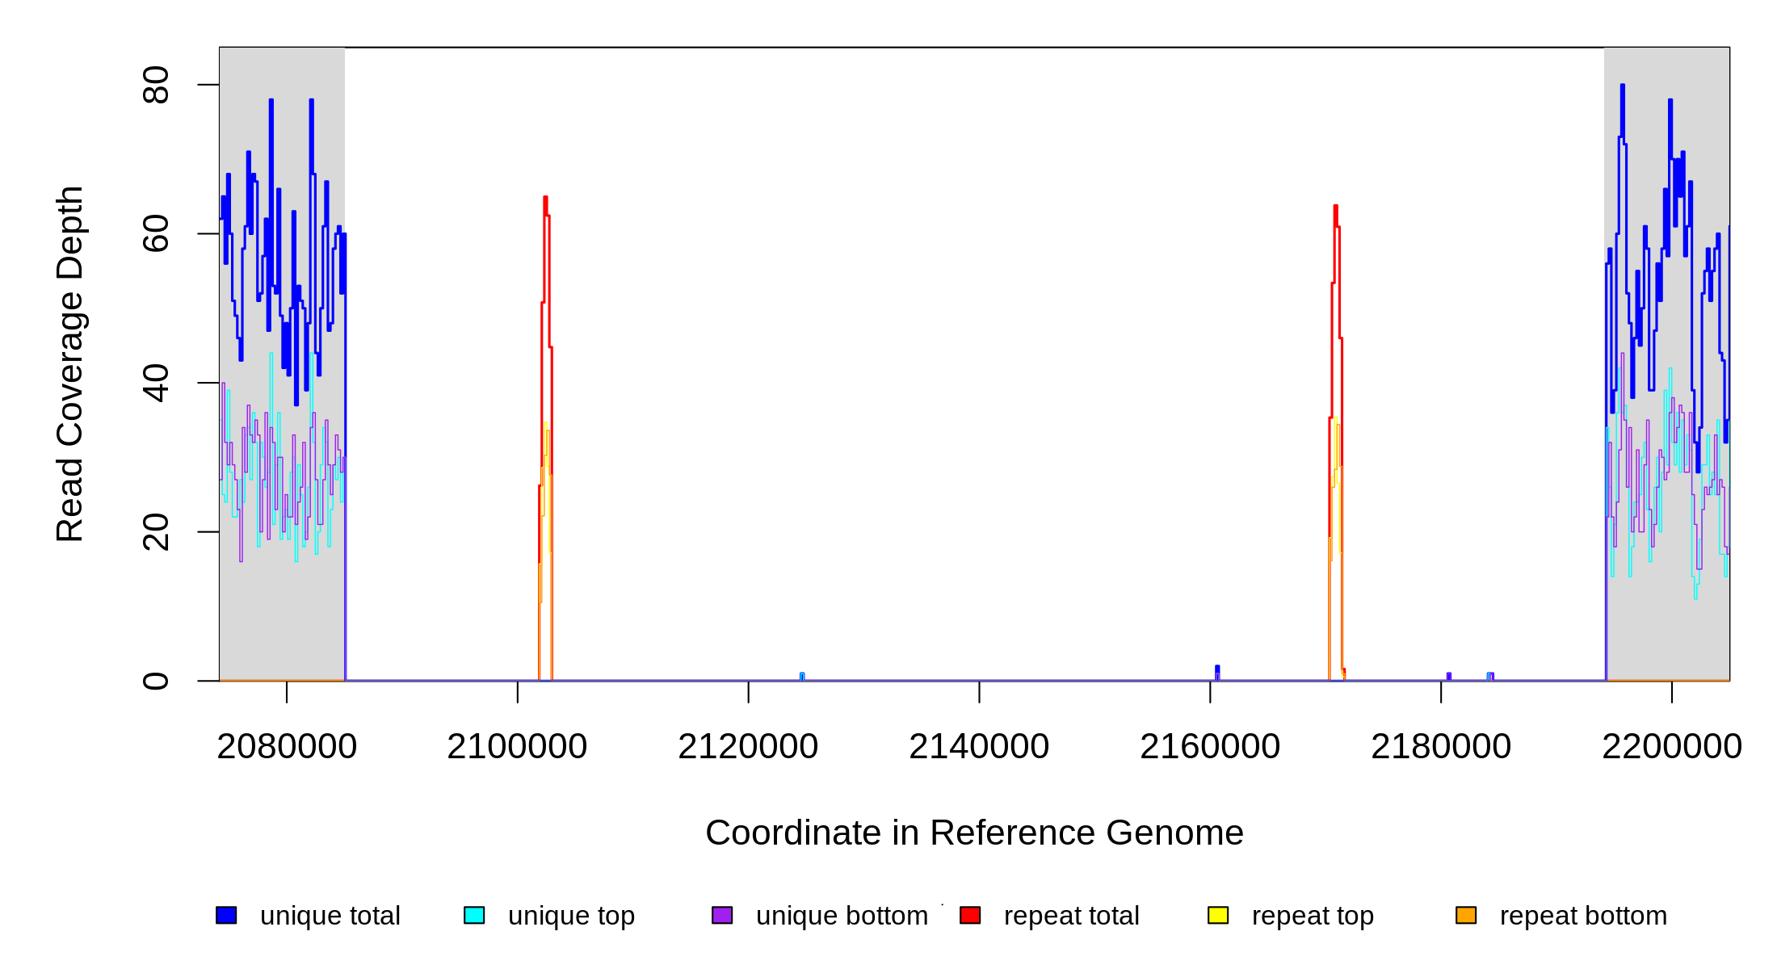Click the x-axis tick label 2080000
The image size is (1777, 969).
tap(287, 747)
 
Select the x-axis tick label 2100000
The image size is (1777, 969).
tap(517, 747)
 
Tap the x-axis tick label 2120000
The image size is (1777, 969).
tap(748, 747)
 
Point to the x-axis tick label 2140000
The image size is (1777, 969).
tap(979, 747)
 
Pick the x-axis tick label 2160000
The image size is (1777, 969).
tap(1210, 747)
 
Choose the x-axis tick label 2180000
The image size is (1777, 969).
tap(1441, 747)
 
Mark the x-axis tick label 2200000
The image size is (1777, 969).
tap(1672, 747)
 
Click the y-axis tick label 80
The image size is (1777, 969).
tap(155, 85)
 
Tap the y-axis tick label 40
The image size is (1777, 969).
tap(155, 383)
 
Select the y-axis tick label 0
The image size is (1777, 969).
tap(155, 681)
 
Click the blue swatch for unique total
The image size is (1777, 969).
tap(226, 915)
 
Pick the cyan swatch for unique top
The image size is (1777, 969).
tap(474, 915)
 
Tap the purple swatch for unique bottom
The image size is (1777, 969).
tap(722, 915)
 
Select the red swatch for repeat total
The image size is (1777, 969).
tap(970, 915)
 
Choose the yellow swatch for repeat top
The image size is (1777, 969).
tap(1218, 915)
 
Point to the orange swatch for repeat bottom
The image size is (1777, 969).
tap(1466, 915)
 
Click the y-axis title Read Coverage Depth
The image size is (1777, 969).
tap(70, 363)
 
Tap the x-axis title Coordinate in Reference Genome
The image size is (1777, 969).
tap(974, 833)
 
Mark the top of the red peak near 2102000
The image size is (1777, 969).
tap(545, 197)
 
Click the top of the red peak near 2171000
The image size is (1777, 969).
tap(1336, 206)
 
